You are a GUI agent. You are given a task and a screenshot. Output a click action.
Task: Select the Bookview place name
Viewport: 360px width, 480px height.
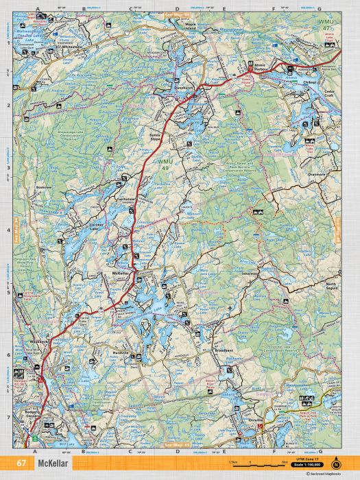pos(44,187)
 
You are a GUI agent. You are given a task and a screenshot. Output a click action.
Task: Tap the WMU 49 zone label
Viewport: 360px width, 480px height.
pos(165,164)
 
